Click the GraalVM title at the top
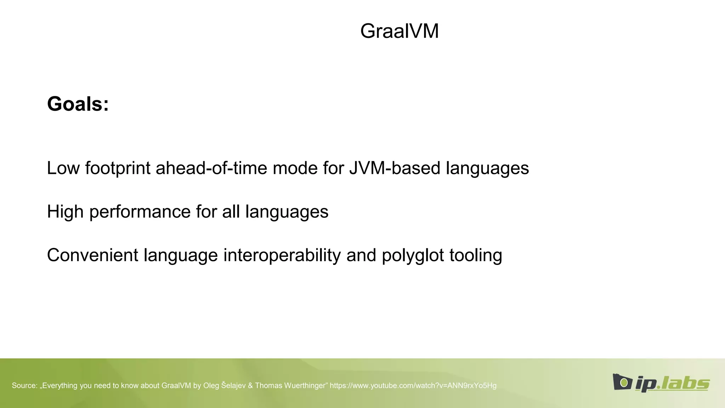coord(399,31)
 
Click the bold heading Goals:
coord(78,104)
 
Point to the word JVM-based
coord(395,168)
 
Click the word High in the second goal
coord(65,212)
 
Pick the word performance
coord(140,212)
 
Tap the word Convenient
coord(92,255)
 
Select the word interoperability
coord(282,255)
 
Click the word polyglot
coord(413,255)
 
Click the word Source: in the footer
coord(24,386)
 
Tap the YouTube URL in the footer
coord(413,386)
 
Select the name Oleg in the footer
coord(211,386)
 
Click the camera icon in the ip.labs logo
coord(622,382)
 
